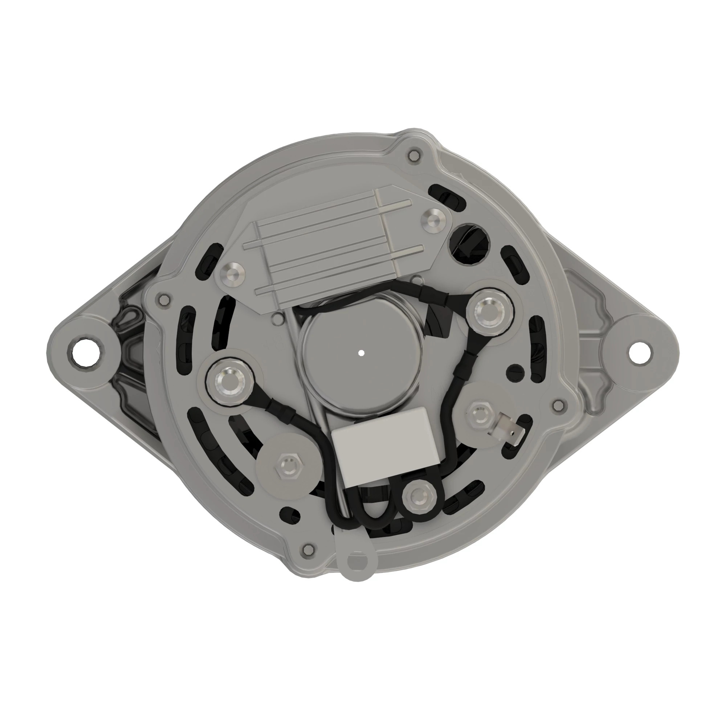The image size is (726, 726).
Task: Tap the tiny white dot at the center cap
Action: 361,353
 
